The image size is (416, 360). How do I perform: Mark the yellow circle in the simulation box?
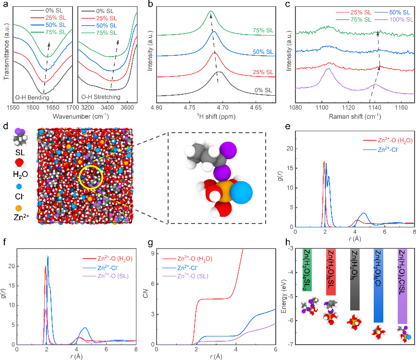click(x=91, y=178)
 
